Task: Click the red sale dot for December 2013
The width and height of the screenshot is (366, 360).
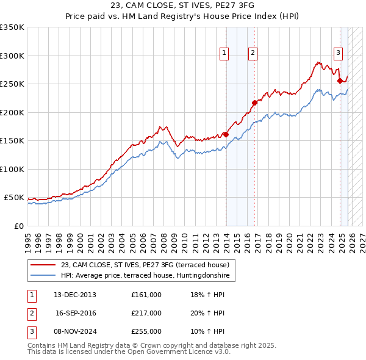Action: [226, 134]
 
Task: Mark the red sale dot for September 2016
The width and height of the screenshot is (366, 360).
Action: [254, 103]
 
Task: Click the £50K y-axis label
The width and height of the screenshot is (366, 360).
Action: [14, 198]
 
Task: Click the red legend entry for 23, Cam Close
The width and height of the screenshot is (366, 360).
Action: [145, 265]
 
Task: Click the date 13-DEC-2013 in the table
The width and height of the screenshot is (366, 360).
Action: [75, 295]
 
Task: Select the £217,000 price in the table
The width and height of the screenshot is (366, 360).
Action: [146, 313]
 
